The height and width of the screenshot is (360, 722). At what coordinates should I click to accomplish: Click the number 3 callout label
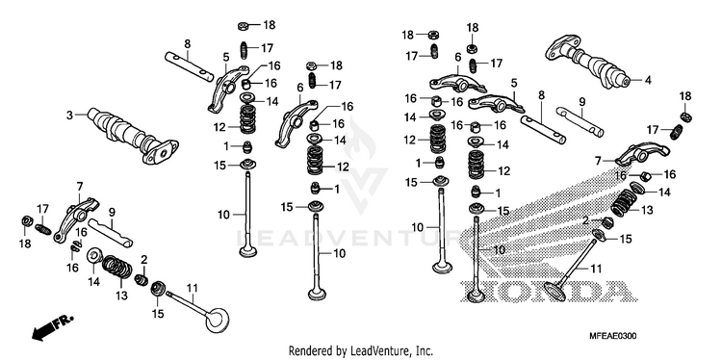click(69, 116)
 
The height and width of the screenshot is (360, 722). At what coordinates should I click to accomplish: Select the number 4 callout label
click(648, 80)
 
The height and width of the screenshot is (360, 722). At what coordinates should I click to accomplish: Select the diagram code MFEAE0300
click(613, 337)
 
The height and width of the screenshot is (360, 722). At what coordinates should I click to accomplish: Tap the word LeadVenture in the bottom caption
click(374, 350)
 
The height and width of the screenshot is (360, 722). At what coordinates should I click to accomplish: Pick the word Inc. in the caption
click(425, 350)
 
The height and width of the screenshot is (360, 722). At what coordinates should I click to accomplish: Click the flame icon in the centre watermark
click(359, 138)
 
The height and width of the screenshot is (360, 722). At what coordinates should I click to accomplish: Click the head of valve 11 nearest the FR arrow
click(217, 320)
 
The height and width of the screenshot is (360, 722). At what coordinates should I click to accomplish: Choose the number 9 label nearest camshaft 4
click(581, 101)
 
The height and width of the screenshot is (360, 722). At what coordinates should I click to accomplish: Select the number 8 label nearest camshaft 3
click(187, 44)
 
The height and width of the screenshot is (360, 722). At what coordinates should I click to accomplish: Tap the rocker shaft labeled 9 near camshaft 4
click(580, 122)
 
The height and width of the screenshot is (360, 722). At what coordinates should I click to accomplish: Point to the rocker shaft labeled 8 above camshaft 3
click(190, 66)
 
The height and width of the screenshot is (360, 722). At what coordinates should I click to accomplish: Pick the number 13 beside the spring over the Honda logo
click(647, 211)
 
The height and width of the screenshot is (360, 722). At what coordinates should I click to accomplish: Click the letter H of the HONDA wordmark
click(477, 291)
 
